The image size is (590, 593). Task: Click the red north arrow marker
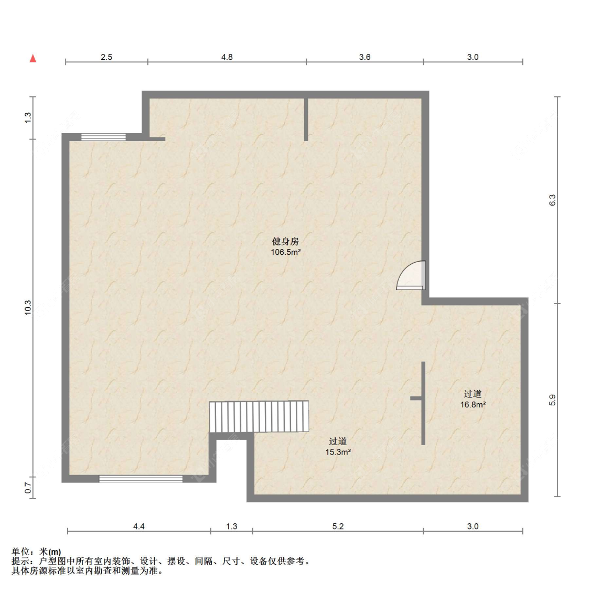[x=33, y=58]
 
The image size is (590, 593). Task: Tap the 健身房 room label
[x=285, y=241]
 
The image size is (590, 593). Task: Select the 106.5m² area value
[x=285, y=252]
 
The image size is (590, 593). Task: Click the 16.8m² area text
[x=473, y=405]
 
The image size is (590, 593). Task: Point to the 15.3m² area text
[x=338, y=452]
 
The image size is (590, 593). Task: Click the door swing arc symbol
[x=411, y=275]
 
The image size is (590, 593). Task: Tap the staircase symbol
[x=259, y=416]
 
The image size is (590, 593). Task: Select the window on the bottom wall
[x=141, y=479]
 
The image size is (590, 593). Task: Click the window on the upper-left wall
[x=104, y=137]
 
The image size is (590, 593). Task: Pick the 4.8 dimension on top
[x=227, y=57]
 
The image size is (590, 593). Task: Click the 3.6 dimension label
[x=364, y=57]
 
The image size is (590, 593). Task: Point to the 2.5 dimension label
[x=106, y=57]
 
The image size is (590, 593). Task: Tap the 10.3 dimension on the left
[x=28, y=308]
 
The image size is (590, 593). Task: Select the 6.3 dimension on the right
[x=553, y=200]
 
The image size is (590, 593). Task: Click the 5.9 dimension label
[x=553, y=400]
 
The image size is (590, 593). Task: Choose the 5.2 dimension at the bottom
[x=338, y=526]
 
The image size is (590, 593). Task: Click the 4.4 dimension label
[x=139, y=526]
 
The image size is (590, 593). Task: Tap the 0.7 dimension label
[x=28, y=488]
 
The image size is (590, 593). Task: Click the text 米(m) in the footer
[x=50, y=552]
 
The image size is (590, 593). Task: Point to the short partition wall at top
[x=306, y=120]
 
